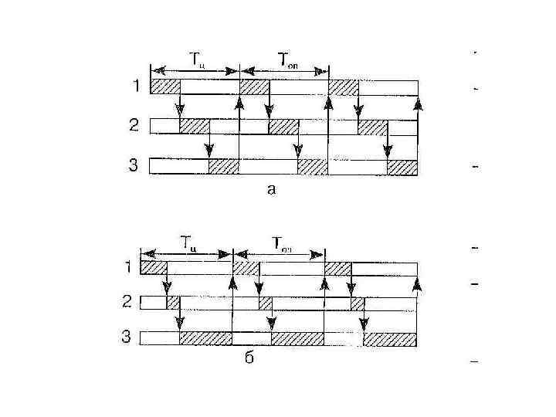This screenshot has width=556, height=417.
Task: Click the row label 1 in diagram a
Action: (x=136, y=86)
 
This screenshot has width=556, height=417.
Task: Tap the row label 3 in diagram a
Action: (x=135, y=165)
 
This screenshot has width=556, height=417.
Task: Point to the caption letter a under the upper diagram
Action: (x=270, y=188)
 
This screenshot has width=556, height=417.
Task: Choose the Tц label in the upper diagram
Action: (x=197, y=58)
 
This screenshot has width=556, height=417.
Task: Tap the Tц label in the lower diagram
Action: (x=188, y=241)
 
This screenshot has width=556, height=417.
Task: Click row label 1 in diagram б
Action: (x=128, y=267)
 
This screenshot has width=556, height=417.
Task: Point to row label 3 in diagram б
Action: (x=128, y=337)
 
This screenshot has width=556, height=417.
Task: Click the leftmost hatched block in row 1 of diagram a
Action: (x=164, y=86)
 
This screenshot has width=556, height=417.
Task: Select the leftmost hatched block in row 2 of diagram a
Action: (x=194, y=126)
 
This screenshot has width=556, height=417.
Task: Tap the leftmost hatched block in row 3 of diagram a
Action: (x=224, y=166)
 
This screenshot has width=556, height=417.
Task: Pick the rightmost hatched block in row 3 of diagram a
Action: (x=402, y=167)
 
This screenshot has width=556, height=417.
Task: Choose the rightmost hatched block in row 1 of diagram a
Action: (x=344, y=86)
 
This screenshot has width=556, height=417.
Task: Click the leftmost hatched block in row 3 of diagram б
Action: (x=205, y=338)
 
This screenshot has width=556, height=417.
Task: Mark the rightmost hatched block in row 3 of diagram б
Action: (x=391, y=338)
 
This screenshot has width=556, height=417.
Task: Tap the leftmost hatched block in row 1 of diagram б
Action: (x=154, y=267)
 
